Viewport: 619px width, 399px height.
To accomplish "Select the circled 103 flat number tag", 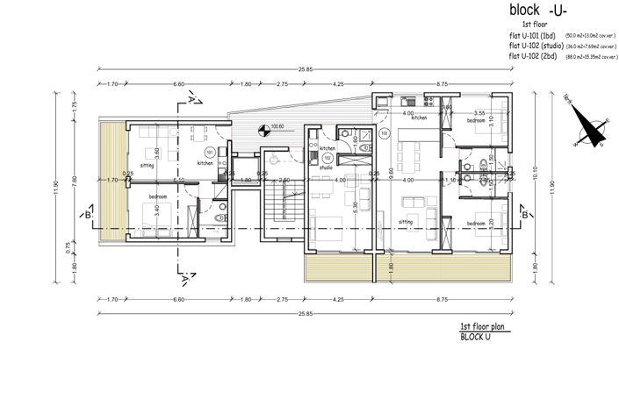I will coord(384,134).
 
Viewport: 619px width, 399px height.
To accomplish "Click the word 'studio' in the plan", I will coord(326,167).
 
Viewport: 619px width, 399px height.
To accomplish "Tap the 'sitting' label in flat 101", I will coord(146,163).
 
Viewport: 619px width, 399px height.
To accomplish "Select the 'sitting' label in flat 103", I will coord(406,223).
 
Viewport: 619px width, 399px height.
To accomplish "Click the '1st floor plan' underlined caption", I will coord(480,326).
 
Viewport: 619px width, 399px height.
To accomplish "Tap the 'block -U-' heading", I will coord(538,11).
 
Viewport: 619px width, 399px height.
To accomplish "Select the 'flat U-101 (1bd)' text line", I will coord(537,35).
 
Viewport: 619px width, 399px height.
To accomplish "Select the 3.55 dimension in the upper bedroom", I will coord(479,113).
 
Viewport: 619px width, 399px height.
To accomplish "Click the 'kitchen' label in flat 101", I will coord(205,163).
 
